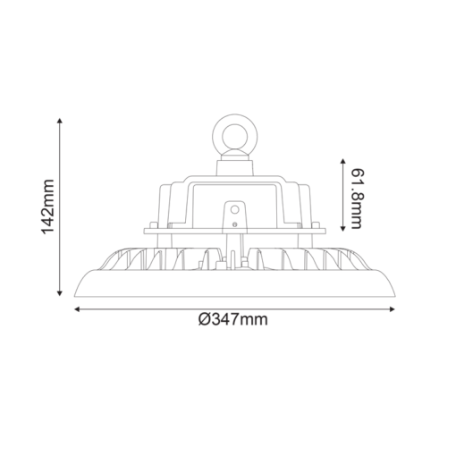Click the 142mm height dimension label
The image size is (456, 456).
(x=49, y=207)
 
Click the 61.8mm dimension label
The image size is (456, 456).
(x=357, y=197)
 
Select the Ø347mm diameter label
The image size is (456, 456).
(x=234, y=319)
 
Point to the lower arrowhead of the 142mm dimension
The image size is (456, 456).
(x=61, y=293)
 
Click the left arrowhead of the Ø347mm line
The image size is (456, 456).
(x=78, y=309)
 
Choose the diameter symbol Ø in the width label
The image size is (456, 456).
(x=205, y=319)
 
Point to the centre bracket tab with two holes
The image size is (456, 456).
(x=235, y=215)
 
